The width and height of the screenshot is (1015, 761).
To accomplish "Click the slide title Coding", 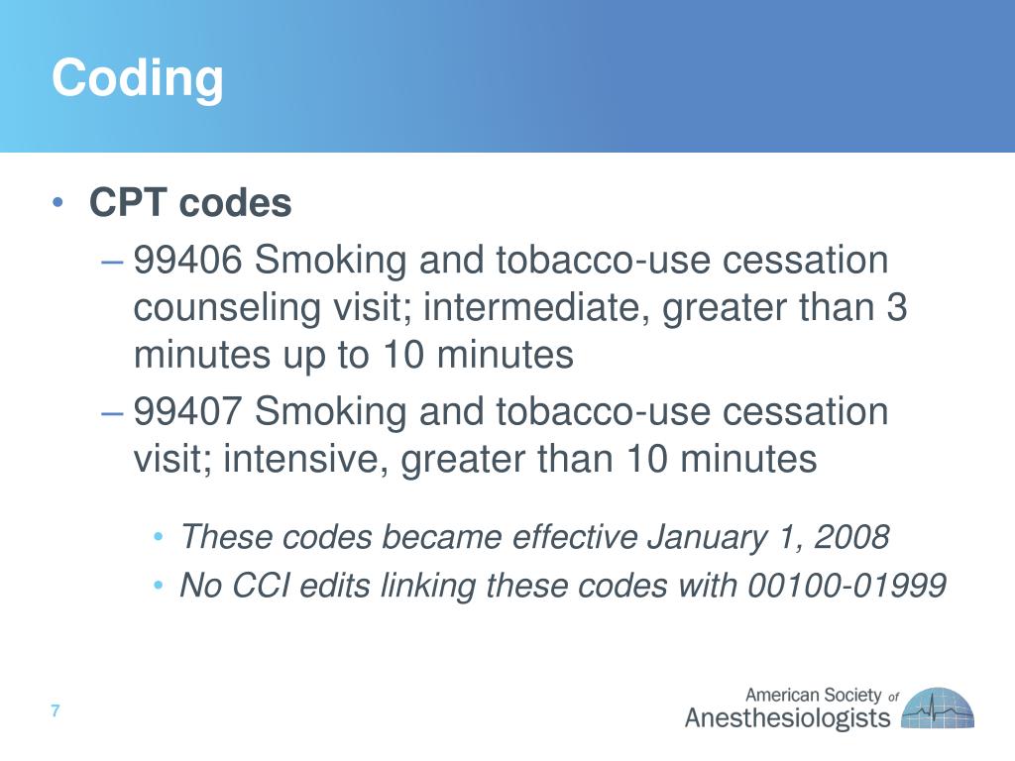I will (138, 78).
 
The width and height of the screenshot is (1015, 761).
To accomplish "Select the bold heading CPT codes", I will (190, 204).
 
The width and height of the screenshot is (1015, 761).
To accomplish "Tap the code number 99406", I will (188, 262).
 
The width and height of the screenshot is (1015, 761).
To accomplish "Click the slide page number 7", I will (56, 711).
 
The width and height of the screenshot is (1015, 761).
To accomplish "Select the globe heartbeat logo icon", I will (937, 708).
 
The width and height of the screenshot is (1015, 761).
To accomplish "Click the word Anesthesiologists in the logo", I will (788, 718).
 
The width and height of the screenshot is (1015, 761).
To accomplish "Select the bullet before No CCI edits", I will (160, 587).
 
